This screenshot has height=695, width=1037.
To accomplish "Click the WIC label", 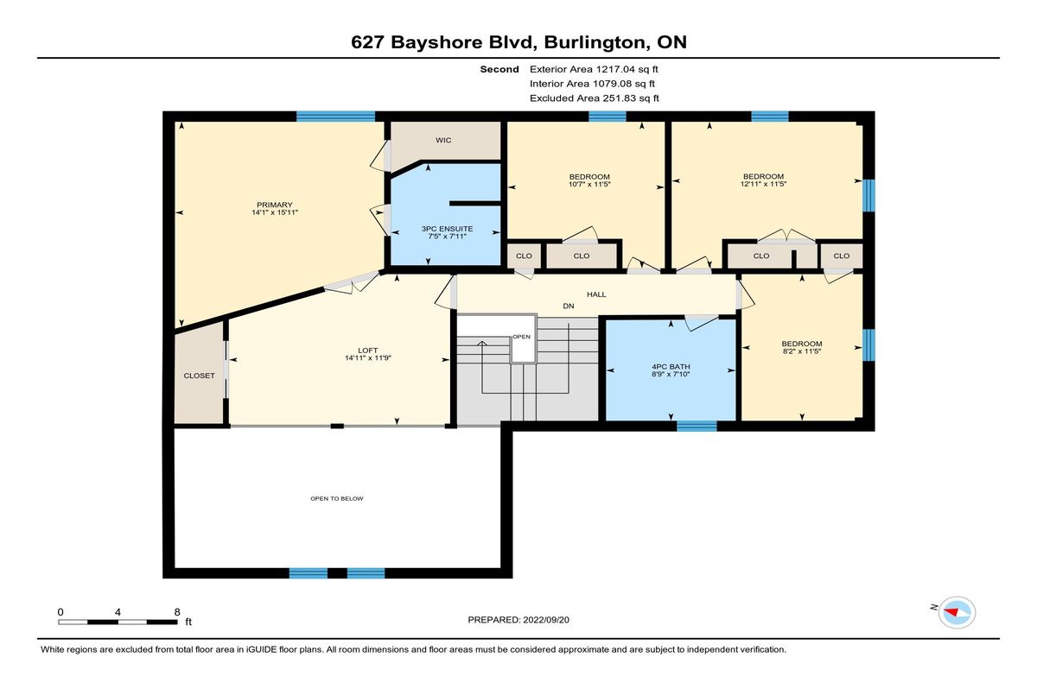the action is [x=443, y=140].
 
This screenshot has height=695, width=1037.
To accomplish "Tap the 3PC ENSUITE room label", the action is [x=447, y=229].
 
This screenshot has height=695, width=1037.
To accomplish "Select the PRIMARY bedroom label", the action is [x=275, y=205].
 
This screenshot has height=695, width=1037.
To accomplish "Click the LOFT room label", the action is [x=367, y=351].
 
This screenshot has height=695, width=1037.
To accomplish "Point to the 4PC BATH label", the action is [x=671, y=367].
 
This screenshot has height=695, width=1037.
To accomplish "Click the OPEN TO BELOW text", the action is [x=336, y=498].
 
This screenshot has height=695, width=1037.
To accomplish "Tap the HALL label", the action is [x=596, y=294].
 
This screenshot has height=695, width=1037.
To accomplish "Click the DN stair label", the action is [x=569, y=306].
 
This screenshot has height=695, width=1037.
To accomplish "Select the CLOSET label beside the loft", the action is [x=199, y=376].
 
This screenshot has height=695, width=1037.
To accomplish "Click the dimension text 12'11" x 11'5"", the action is [x=763, y=184].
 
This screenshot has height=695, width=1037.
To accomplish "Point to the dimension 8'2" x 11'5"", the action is [x=802, y=351].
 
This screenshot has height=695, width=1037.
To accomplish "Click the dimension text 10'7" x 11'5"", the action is [x=589, y=185].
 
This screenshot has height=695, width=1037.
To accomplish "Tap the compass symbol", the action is [x=957, y=612].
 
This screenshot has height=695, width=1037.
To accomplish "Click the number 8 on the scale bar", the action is [x=177, y=612].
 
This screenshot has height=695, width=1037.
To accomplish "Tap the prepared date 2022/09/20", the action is [x=546, y=620].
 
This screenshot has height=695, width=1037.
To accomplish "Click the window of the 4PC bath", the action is [x=697, y=426].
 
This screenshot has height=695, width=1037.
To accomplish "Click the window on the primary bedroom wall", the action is [x=335, y=116].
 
